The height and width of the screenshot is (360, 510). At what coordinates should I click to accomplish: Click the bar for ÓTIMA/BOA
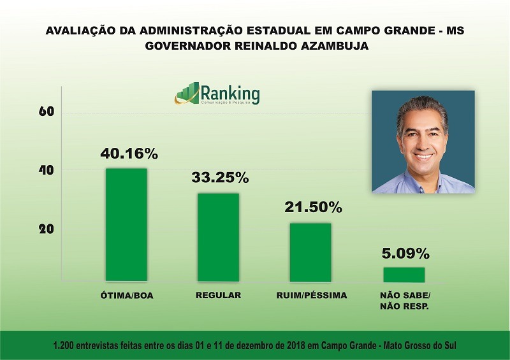pyautogui.click(x=126, y=224)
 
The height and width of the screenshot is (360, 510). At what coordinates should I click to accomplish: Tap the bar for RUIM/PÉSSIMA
pyautogui.click(x=310, y=252)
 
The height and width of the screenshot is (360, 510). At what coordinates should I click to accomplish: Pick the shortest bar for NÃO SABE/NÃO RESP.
pyautogui.click(x=404, y=274)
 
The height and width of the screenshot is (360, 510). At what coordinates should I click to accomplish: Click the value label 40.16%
pyautogui.click(x=129, y=154)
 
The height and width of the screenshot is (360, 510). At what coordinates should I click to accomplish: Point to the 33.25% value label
pyautogui.click(x=220, y=178)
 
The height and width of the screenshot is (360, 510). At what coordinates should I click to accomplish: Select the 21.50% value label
pyautogui.click(x=312, y=208)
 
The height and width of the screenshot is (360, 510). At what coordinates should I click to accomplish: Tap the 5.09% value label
pyautogui.click(x=405, y=253)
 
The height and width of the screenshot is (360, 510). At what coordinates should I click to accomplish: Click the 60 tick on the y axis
pyautogui.click(x=45, y=112)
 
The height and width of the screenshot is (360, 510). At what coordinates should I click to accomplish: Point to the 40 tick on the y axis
pyautogui.click(x=45, y=171)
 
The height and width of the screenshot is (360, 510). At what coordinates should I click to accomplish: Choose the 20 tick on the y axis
pyautogui.click(x=45, y=229)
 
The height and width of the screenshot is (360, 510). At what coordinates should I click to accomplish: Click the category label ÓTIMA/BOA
pyautogui.click(x=127, y=296)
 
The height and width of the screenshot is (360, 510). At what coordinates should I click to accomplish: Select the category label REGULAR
pyautogui.click(x=219, y=296)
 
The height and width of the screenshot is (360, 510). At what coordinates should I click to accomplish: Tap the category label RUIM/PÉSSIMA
pyautogui.click(x=312, y=296)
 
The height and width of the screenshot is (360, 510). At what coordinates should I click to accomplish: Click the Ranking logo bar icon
pyautogui.click(x=187, y=94)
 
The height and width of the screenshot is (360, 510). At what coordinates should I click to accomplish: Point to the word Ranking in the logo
pyautogui.click(x=230, y=93)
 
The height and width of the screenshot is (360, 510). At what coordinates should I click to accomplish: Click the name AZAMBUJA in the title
pyautogui.click(x=339, y=47)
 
